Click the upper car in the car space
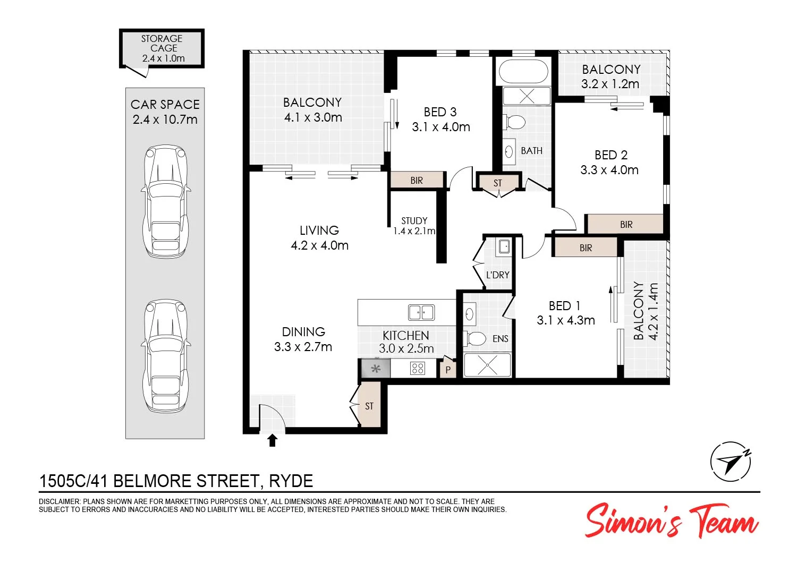coord(165,201)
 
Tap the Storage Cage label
coord(163,48)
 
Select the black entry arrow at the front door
coord(273,440)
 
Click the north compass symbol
coord(731,462)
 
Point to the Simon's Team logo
coord(672,521)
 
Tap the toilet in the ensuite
coord(475,338)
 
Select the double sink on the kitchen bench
coord(421,312)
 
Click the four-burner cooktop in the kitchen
coord(418,368)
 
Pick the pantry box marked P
coord(448,369)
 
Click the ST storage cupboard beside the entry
coord(369,406)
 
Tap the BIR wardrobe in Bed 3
coord(417,180)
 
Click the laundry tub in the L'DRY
coord(504,246)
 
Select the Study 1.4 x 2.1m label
coord(414,226)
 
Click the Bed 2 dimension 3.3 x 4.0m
coord(609,170)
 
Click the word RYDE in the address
coord(291,481)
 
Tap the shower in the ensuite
coord(487,365)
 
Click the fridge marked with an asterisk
coord(376,368)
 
